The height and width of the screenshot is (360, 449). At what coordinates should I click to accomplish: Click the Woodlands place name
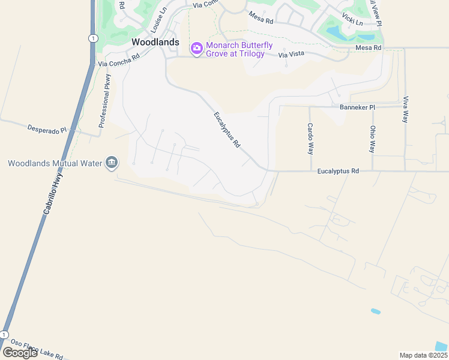click(155, 42)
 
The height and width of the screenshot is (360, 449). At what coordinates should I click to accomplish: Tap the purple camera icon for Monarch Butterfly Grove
click(196, 48)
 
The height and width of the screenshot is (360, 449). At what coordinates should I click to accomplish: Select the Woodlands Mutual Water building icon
click(111, 163)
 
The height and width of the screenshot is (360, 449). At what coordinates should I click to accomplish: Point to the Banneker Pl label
click(357, 107)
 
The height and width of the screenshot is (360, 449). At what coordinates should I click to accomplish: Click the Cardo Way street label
click(310, 139)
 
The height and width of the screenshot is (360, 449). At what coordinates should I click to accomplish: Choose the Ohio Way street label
click(372, 139)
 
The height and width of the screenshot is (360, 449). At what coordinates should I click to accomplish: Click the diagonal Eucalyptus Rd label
click(227, 130)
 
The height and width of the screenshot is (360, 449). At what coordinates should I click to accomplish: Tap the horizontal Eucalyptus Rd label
click(338, 171)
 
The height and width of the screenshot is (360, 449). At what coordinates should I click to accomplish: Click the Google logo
click(20, 353)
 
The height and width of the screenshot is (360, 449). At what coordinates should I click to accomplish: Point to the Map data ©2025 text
click(423, 355)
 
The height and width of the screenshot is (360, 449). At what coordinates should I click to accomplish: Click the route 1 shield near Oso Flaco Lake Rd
click(5, 334)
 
